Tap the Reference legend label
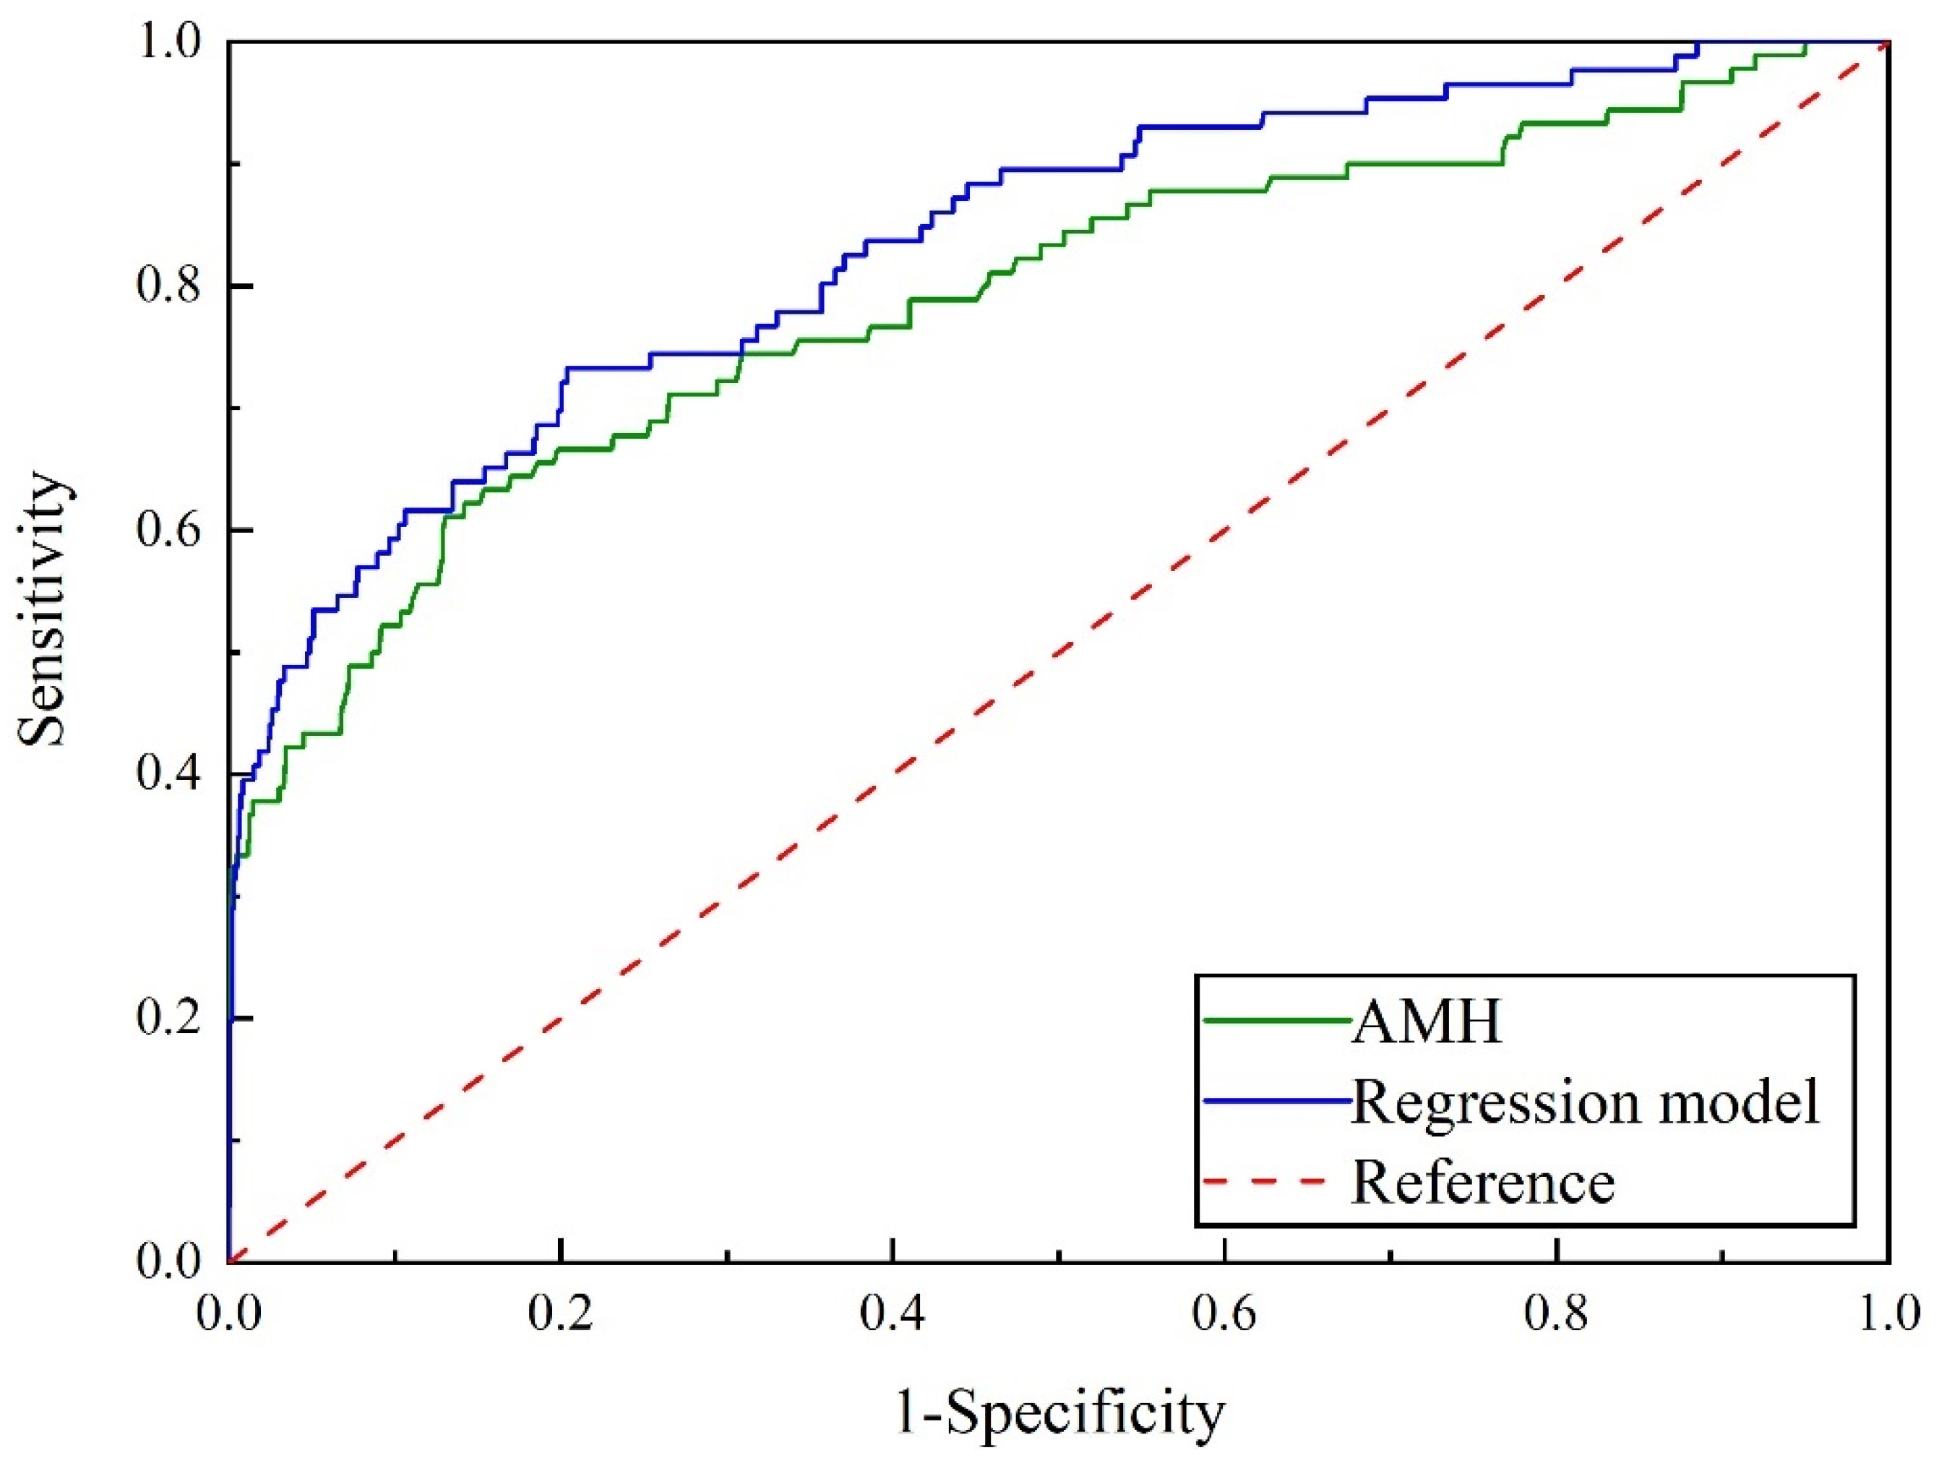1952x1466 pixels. click(1482, 1182)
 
